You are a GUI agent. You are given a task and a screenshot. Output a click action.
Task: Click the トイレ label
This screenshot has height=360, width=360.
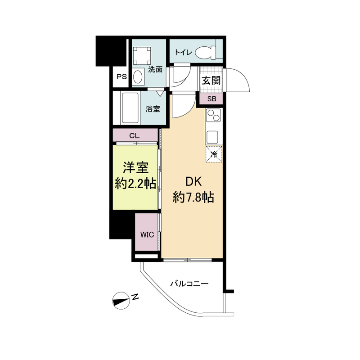click(x=183, y=53)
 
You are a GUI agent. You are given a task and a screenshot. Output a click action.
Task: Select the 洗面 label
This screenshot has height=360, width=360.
click(x=155, y=70)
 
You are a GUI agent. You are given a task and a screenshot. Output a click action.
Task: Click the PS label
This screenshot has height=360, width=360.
click(x=121, y=76)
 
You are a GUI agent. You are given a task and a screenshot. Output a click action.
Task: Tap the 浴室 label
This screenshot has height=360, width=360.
click(x=153, y=108)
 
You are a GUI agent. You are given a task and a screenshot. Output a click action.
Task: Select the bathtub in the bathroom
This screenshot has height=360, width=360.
click(x=130, y=108)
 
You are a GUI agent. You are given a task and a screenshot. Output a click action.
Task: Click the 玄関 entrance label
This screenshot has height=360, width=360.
click(x=211, y=81)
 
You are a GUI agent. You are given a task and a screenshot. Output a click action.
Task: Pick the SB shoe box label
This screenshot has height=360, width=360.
click(x=211, y=99)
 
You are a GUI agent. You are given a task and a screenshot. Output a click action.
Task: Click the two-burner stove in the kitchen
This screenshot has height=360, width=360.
click(x=212, y=116)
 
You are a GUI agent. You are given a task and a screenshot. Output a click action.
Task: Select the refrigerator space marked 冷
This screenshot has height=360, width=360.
click(x=214, y=154)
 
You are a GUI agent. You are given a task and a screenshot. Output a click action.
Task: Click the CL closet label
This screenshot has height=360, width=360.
click(x=134, y=135)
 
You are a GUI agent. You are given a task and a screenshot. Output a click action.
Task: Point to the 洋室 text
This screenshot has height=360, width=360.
click(x=136, y=168)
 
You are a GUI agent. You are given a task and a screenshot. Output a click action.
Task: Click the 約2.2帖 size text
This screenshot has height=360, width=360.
click(x=135, y=184)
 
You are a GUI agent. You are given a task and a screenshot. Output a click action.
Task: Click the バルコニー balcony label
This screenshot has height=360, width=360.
click(x=189, y=284)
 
